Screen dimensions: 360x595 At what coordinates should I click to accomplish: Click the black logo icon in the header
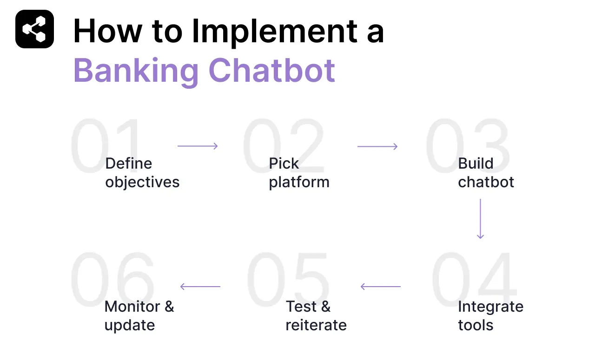(34, 29)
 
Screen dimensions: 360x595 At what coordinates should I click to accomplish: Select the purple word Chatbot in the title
(271, 71)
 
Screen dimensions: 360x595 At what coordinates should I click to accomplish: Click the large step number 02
(284, 146)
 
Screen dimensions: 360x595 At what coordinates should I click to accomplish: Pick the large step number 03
(467, 146)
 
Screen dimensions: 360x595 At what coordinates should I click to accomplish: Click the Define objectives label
(142, 173)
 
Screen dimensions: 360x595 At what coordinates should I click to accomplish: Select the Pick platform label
(299, 173)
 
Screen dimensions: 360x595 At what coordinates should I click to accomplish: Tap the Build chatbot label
(486, 173)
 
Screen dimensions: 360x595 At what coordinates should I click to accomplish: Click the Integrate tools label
(490, 316)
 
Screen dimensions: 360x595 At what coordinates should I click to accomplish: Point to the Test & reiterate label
(316, 316)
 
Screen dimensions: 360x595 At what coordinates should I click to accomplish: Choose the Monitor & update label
(139, 316)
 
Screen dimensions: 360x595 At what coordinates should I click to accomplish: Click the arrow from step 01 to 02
(198, 146)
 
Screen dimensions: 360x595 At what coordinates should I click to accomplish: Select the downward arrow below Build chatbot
(480, 219)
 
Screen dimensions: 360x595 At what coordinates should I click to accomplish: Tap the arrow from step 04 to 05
(380, 287)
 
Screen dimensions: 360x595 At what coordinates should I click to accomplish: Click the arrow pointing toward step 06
(200, 287)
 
